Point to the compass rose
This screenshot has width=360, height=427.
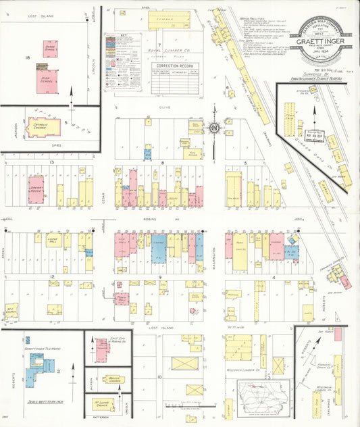214,126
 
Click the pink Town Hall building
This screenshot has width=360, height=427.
122,299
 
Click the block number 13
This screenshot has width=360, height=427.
51,164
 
